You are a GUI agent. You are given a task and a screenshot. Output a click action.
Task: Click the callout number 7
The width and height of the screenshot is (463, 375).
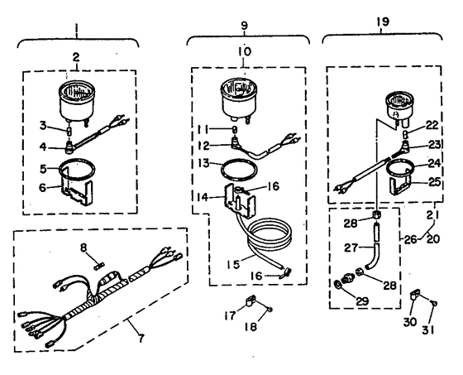tap(141, 337)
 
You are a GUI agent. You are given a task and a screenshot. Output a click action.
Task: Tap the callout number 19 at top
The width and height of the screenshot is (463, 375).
tap(383, 22)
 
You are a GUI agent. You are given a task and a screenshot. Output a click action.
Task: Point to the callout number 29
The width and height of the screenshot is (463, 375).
tap(363, 301)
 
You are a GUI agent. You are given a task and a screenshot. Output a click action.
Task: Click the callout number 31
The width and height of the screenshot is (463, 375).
tap(428, 329)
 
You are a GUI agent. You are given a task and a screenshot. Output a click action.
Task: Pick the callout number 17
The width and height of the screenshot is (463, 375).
tap(230, 315)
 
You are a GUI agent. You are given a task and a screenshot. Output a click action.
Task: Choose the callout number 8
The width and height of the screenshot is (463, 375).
tap(84, 248)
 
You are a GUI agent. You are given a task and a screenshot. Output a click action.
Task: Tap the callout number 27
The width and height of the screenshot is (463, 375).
tap(351, 248)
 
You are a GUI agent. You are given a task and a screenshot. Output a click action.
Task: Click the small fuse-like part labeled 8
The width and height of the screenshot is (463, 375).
tap(98, 267)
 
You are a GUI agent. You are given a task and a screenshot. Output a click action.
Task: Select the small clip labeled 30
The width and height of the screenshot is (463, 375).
tap(414, 296)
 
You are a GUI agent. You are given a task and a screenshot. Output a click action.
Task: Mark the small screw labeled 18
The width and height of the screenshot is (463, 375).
tap(270, 310)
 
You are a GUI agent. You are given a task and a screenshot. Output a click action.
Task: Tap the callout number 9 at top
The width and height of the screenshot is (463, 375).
tap(245, 26)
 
